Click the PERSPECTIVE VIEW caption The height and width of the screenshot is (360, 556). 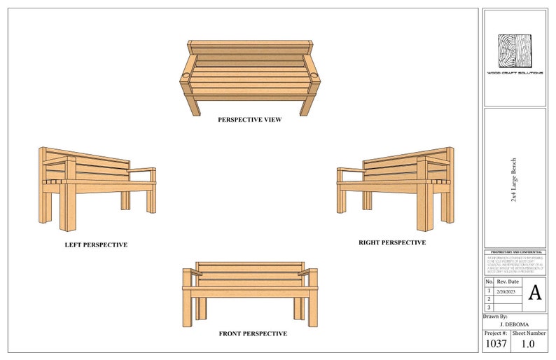[x=249, y=120]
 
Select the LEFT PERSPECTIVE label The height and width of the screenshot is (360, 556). [x=96, y=245]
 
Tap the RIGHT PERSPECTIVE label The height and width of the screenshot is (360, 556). [x=392, y=242]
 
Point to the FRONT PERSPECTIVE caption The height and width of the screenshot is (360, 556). [x=253, y=334]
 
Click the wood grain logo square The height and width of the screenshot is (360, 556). [x=515, y=51]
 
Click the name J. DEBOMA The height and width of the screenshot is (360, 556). [x=515, y=325]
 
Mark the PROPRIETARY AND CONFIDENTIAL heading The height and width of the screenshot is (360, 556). [x=515, y=251]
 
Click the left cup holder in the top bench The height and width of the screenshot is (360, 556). [x=187, y=74]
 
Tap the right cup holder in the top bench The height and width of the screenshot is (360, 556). [x=312, y=74]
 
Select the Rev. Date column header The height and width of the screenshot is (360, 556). [x=508, y=282]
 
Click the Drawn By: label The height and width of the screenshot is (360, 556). [x=496, y=317]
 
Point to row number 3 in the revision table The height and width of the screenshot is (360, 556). [x=489, y=307]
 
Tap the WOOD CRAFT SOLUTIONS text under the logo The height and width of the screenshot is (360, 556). [x=515, y=74]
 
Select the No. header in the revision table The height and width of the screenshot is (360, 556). [x=489, y=282]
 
